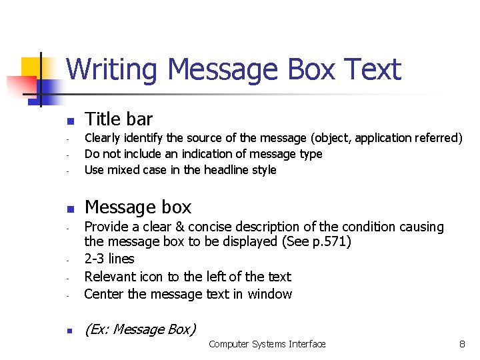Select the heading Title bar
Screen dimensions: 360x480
point(119,119)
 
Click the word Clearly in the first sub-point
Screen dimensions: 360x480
point(104,138)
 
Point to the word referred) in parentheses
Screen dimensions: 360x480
point(438,138)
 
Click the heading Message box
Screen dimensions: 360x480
point(138,207)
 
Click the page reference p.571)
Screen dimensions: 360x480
point(331,241)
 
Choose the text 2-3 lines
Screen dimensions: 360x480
point(109,259)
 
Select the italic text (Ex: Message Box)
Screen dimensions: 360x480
point(140,329)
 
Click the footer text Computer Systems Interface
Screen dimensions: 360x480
point(267,344)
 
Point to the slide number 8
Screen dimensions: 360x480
point(461,344)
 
